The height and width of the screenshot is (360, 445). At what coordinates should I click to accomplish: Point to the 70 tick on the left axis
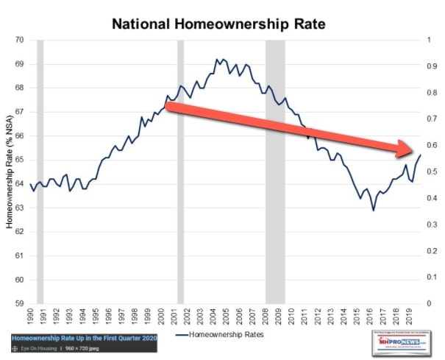20,40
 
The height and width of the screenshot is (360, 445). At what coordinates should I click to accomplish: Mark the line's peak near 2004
217,60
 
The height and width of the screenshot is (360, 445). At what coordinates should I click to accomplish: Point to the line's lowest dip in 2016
373,210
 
